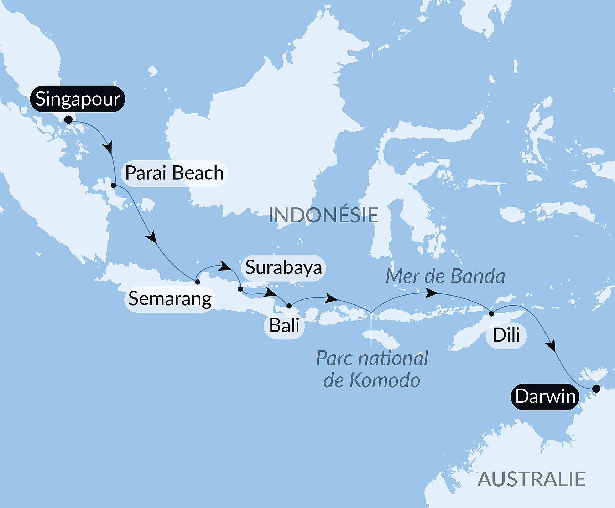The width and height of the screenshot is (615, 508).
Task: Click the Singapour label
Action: click(78, 99)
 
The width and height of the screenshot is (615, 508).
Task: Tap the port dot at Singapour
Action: click(68, 119)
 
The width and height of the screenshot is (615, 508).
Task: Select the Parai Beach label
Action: click(174, 173)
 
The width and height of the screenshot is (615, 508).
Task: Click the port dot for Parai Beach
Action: click(114, 185)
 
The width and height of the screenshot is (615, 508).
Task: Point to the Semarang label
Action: click(170, 299)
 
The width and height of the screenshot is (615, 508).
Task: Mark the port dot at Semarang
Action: click(197, 282)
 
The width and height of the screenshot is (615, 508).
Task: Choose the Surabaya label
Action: click(283, 268)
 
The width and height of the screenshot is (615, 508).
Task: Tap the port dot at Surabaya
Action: click(240, 289)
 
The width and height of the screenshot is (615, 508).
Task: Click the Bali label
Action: click(284, 325)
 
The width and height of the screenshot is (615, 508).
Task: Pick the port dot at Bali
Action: click(289, 306)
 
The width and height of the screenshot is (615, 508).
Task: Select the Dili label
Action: click(506, 335)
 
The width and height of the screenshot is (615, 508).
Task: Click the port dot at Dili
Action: click(491, 314)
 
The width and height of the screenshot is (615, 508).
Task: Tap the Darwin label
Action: click(545, 396)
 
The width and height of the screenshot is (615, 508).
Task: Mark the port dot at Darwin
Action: click(596, 389)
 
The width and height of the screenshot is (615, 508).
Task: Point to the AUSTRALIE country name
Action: click(531, 479)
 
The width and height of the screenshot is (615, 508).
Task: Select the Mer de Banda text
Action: click(445, 276)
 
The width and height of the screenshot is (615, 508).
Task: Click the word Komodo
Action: click(385, 380)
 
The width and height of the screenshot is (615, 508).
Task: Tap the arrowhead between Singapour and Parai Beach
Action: click(108, 148)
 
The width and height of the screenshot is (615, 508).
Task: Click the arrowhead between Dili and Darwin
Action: click(551, 346)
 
